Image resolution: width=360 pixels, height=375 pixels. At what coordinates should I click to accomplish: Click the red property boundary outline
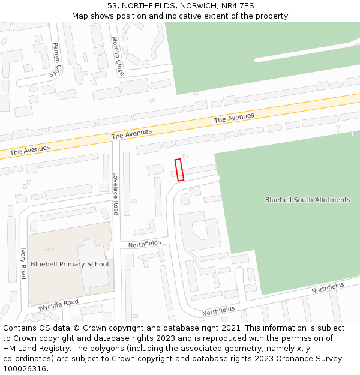click(x=179, y=170)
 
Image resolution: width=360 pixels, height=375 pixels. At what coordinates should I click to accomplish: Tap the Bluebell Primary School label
click(x=70, y=264)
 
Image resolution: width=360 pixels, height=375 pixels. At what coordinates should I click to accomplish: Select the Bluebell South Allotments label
click(x=308, y=200)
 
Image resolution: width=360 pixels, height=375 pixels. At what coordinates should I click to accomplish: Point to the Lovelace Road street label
click(x=116, y=194)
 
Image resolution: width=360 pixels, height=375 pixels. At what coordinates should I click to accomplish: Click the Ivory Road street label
click(x=23, y=263)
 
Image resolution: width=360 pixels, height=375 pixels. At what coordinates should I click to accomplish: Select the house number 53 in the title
click(x=112, y=6)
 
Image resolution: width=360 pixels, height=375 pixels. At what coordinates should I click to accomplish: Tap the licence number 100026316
click(x=25, y=369)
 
